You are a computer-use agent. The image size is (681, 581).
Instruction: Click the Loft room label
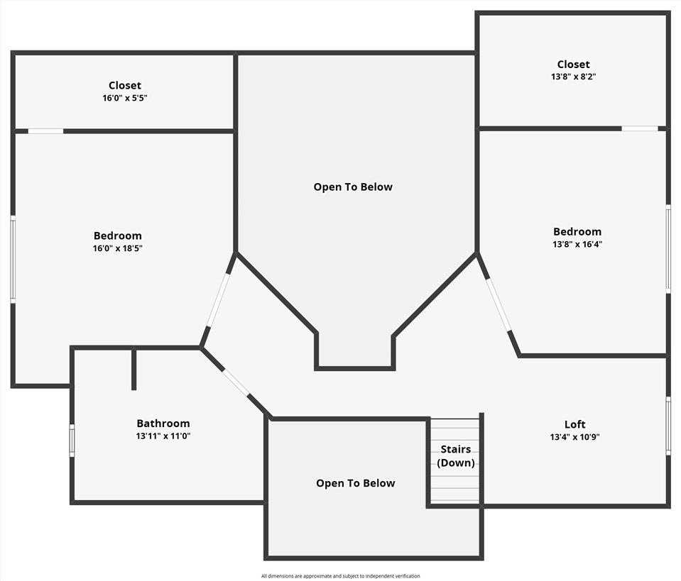click(574, 424)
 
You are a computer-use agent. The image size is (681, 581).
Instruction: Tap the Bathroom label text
click(163, 424)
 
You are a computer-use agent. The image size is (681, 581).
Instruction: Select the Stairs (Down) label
click(456, 456)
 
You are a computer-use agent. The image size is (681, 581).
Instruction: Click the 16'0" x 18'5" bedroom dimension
click(118, 248)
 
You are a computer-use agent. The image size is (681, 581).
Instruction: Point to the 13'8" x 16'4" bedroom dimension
click(577, 244)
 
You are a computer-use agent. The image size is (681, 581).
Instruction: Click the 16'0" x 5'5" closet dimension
click(125, 98)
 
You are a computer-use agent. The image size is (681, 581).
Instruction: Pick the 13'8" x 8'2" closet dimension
click(573, 77)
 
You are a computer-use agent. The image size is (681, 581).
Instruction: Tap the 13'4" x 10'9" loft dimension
click(574, 437)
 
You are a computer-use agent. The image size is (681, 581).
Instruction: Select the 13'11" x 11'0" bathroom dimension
click(163, 436)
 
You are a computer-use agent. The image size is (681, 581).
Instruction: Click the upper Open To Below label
click(353, 187)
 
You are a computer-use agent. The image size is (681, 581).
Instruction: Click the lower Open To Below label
click(356, 483)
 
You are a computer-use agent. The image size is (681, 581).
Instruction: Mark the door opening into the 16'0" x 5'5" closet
click(45, 131)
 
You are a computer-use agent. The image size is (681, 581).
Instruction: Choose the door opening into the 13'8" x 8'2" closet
click(640, 128)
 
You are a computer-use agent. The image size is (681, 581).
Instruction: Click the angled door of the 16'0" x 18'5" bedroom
click(218, 299)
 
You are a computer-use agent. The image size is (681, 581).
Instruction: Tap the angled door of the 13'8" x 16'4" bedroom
click(499, 304)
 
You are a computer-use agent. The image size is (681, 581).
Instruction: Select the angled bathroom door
click(236, 382)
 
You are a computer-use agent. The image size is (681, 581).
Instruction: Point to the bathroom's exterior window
click(72, 441)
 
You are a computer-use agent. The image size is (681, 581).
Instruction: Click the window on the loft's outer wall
click(668, 426)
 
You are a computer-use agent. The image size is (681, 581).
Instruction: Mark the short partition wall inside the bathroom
click(134, 369)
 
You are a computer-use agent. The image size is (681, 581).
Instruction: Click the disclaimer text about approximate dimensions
click(341, 576)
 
